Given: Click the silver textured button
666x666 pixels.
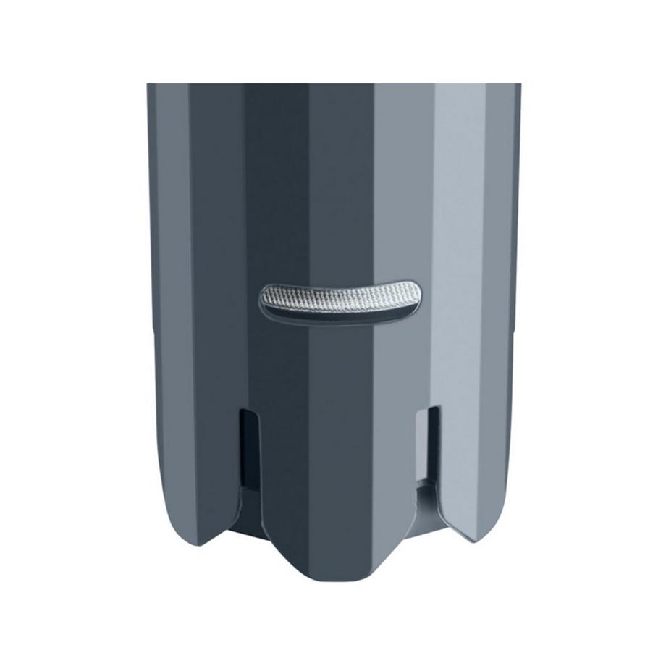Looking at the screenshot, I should coord(338,296).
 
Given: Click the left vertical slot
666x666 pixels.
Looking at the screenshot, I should coord(248,445).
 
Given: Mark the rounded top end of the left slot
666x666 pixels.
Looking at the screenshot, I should coord(248,412).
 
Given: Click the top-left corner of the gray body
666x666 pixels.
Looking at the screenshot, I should coord(149,86).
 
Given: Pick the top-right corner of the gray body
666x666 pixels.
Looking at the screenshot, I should coord(518,86).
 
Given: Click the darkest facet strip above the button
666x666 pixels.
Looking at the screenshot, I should coord(275,181).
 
